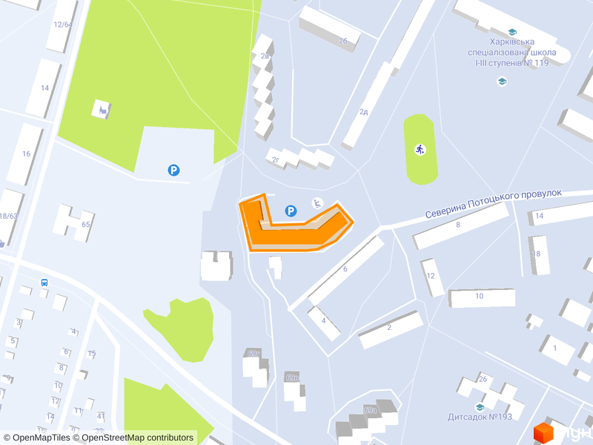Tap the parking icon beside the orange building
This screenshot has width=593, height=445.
click(x=291, y=211)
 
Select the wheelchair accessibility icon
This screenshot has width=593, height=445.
click(x=317, y=202)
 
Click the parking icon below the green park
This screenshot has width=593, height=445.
click(x=173, y=171)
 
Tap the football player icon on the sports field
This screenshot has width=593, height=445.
click(x=420, y=149)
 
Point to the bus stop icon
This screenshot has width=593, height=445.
click(x=44, y=283)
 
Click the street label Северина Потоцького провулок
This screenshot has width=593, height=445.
click(x=494, y=203)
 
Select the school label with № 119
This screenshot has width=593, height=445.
click(x=511, y=53)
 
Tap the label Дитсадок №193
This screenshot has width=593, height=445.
click(x=480, y=417)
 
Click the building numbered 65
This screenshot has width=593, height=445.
click(x=74, y=222)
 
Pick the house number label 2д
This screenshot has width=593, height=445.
click(x=364, y=112)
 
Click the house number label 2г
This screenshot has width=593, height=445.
click(x=275, y=159)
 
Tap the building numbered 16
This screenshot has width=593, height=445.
click(x=27, y=154)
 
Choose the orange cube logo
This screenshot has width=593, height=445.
click(x=544, y=432)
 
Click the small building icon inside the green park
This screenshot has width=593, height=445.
click(x=101, y=110)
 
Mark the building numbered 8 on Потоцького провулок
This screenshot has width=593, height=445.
click(x=459, y=225)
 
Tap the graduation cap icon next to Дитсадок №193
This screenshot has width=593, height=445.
click(x=480, y=406)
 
